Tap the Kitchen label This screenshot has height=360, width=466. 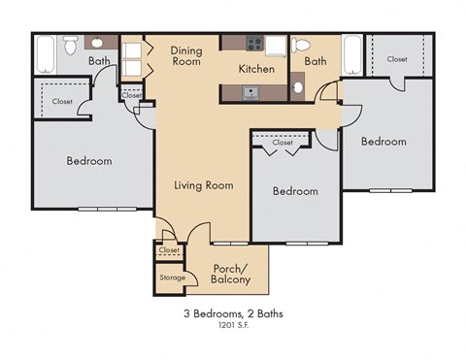(x=257, y=69)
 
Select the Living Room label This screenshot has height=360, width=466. (x=203, y=184)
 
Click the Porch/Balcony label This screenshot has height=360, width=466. (x=230, y=275)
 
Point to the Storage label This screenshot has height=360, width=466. (x=172, y=278)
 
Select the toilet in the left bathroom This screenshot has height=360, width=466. (x=70, y=44)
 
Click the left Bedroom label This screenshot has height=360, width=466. (x=88, y=160)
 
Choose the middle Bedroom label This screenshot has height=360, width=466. (x=294, y=191)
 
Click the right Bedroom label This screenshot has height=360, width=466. (x=383, y=142)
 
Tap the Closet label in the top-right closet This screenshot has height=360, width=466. (x=396, y=59)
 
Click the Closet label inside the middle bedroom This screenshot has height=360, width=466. (x=282, y=143)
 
